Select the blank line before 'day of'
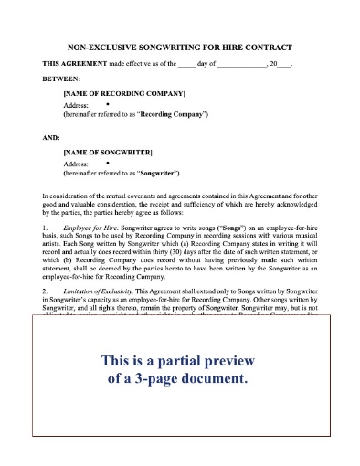pyautogui.click(x=187, y=63)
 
